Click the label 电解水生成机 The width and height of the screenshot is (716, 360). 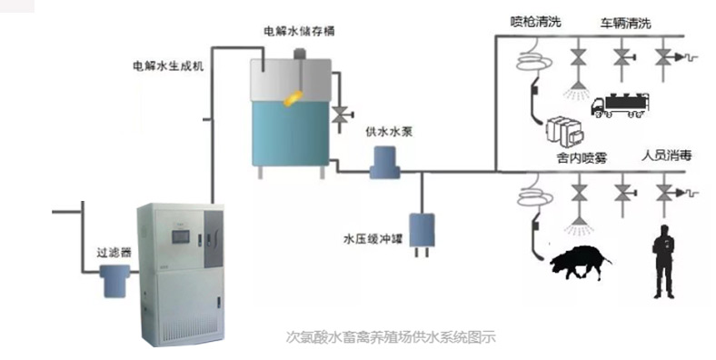click(x=168, y=66)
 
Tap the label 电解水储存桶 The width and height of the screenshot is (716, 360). click(x=301, y=30)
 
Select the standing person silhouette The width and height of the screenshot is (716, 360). click(x=664, y=260)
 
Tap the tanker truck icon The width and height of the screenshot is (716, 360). click(x=622, y=105)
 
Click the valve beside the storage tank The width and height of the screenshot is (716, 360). click(x=341, y=115)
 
